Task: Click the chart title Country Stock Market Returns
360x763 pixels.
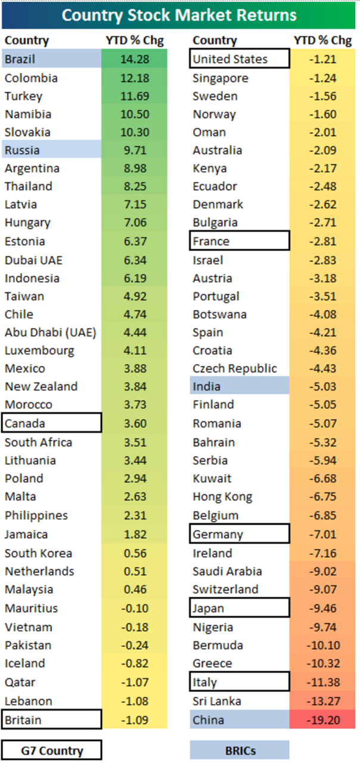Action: point(179,15)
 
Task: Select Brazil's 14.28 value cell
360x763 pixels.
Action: point(135,60)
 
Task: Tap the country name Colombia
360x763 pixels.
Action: point(31,78)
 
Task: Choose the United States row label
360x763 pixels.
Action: point(230,59)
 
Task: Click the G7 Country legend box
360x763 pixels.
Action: point(52,750)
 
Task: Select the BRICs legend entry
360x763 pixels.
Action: point(240,750)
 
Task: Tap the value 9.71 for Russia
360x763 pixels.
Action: point(135,150)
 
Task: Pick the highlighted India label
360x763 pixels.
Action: point(206,386)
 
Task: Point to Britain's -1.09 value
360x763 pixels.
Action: point(135,720)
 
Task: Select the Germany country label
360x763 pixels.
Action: point(218,534)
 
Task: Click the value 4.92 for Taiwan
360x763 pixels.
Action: point(135,296)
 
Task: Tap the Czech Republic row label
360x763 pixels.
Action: point(235,368)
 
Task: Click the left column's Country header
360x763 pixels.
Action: point(27,41)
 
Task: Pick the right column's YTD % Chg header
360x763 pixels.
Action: point(322,41)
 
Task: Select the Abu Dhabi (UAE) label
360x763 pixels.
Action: point(50,333)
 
